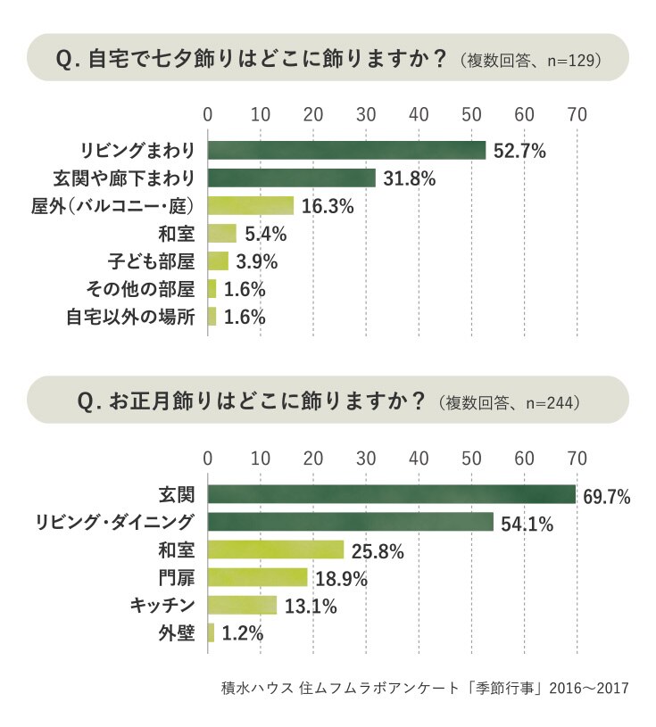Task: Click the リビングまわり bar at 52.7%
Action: [x=346, y=150]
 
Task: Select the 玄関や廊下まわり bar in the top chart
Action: [x=291, y=178]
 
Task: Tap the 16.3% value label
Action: [x=328, y=206]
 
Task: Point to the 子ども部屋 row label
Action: [x=151, y=261]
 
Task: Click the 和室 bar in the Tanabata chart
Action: [x=221, y=233]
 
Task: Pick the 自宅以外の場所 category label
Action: [x=130, y=318]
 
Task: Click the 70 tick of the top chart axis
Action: [x=577, y=114]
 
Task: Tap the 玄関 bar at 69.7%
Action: [x=392, y=494]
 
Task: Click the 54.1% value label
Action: [x=527, y=524]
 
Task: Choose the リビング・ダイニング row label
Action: [x=114, y=522]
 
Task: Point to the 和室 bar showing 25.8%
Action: [x=276, y=549]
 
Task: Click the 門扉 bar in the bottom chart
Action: [x=257, y=577]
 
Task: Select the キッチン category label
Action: [x=162, y=605]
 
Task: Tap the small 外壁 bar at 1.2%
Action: [x=212, y=632]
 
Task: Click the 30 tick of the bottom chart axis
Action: [x=366, y=459]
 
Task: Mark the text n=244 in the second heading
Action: [x=550, y=403]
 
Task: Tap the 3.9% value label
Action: [x=256, y=262]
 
